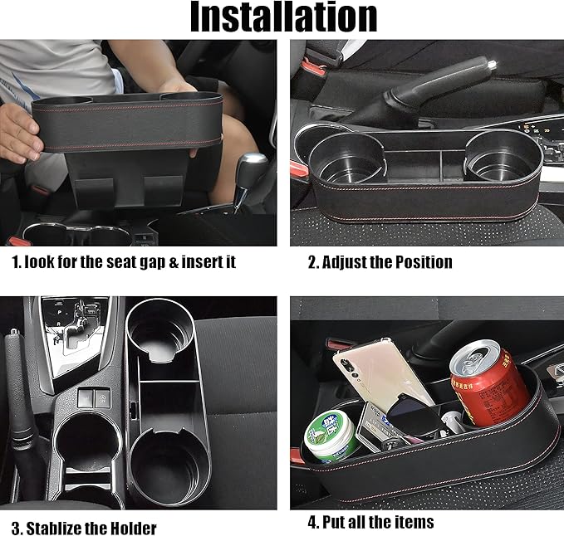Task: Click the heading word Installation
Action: tap(282, 18)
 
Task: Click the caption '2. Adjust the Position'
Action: tap(380, 262)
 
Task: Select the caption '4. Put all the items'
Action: tap(371, 522)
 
